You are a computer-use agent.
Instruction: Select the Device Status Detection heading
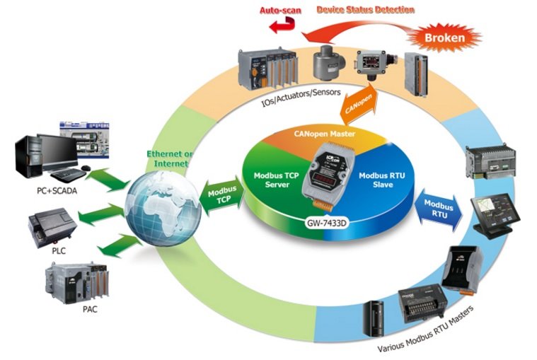[x=365, y=10]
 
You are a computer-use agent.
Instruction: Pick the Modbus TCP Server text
[x=277, y=179]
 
